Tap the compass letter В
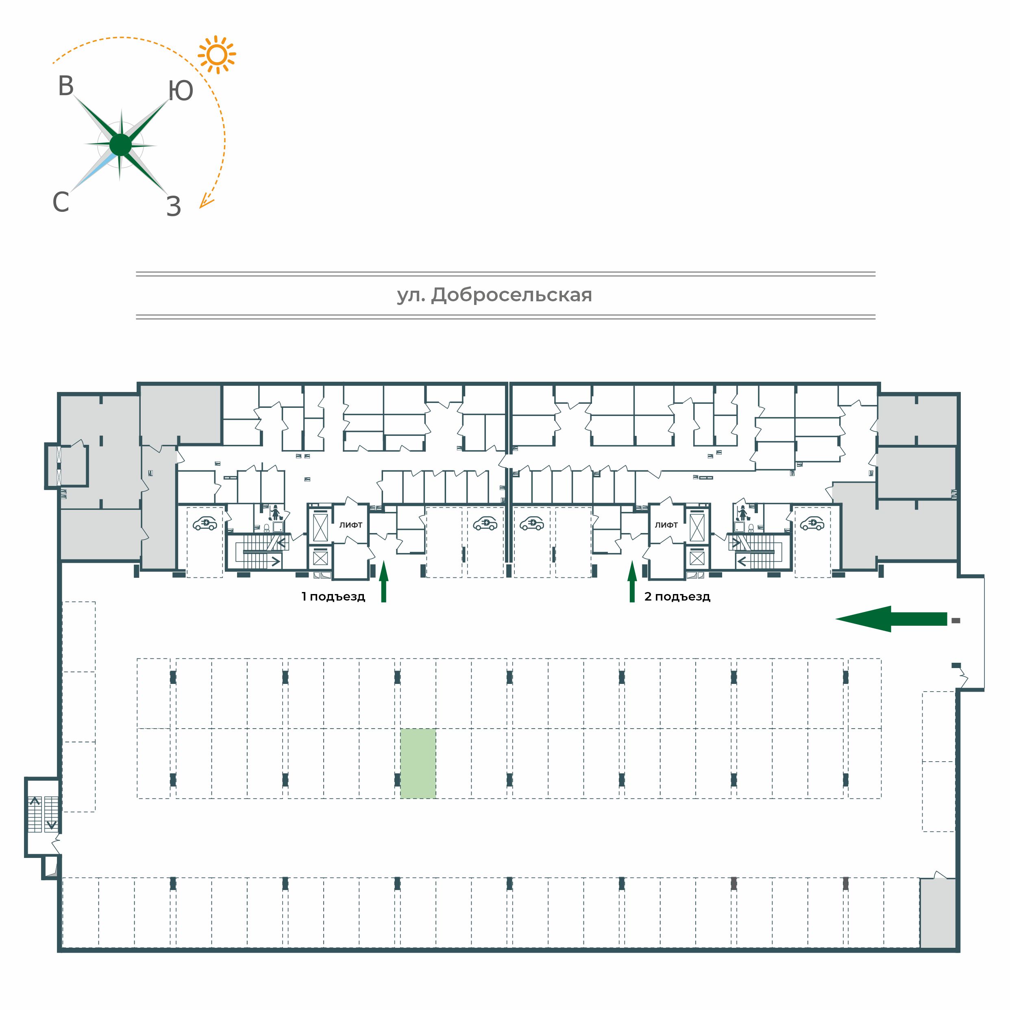pyautogui.click(x=66, y=86)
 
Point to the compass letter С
pyautogui.click(x=61, y=202)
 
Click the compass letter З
pyautogui.click(x=174, y=207)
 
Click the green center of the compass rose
pyautogui.click(x=121, y=145)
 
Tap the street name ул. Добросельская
pyautogui.click(x=494, y=295)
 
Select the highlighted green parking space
pyautogui.click(x=418, y=763)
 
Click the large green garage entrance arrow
pyautogui.click(x=891, y=619)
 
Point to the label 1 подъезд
pyautogui.click(x=333, y=596)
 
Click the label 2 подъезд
pyautogui.click(x=677, y=596)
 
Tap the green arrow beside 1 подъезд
pyautogui.click(x=384, y=581)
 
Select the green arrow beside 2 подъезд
pyautogui.click(x=632, y=581)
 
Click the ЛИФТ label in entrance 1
pyautogui.click(x=351, y=525)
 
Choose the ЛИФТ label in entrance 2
pyautogui.click(x=666, y=525)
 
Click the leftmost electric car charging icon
pyautogui.click(x=205, y=523)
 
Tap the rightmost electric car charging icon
pyautogui.click(x=812, y=523)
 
